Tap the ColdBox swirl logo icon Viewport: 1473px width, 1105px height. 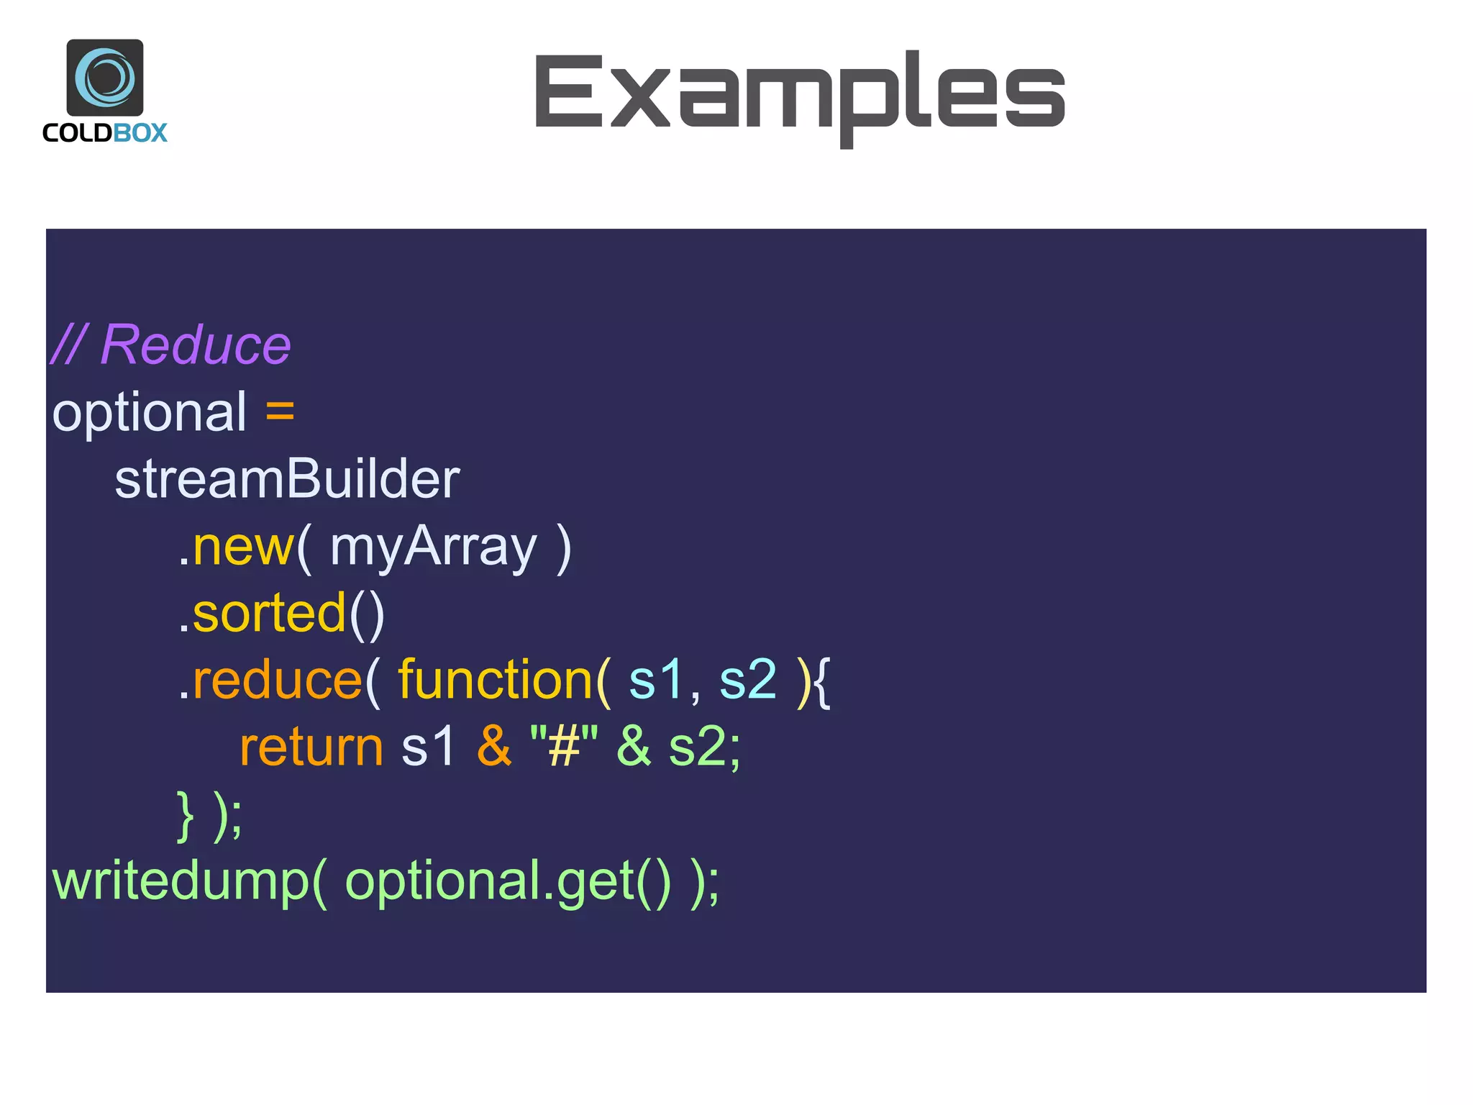[105, 77]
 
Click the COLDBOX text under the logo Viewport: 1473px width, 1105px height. [105, 133]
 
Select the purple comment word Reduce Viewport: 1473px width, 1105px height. [196, 345]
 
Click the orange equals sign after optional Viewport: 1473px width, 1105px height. [280, 412]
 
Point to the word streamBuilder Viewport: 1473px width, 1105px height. [287, 479]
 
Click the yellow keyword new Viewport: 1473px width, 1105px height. [243, 547]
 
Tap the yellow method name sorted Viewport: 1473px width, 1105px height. [269, 614]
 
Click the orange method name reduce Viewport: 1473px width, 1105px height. [277, 680]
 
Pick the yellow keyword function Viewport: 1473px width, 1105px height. [495, 680]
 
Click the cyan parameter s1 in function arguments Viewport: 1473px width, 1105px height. [655, 680]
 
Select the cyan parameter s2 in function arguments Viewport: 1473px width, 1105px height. [748, 680]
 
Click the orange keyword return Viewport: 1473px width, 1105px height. [311, 747]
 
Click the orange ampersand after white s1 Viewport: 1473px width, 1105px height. [493, 747]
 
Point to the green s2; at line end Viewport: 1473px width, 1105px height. [703, 747]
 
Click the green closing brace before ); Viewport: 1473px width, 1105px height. [186, 815]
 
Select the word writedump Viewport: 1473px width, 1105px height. [180, 881]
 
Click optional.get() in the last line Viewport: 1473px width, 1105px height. [507, 883]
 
